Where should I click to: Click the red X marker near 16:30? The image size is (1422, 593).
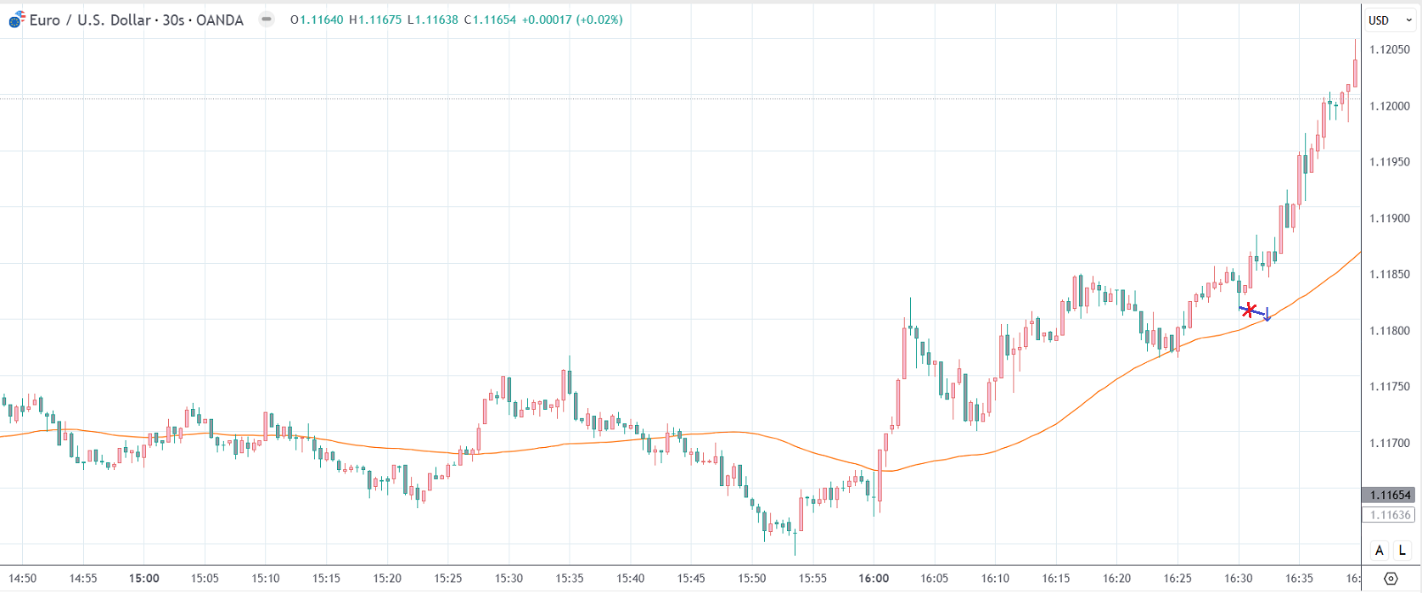pyautogui.click(x=1248, y=310)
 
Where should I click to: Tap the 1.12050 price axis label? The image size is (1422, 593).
pyautogui.click(x=1390, y=50)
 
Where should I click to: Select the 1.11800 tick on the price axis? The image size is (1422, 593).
pyautogui.click(x=1390, y=331)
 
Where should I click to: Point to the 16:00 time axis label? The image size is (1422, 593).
pyautogui.click(x=874, y=579)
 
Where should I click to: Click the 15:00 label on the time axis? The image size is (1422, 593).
pyautogui.click(x=144, y=579)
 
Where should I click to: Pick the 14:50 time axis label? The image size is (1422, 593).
pyautogui.click(x=23, y=579)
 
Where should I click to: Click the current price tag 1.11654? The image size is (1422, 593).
pyautogui.click(x=1390, y=495)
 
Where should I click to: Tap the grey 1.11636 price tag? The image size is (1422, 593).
pyautogui.click(x=1390, y=515)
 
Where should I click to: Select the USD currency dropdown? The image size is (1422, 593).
pyautogui.click(x=1387, y=20)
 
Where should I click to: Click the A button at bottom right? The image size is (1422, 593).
pyautogui.click(x=1379, y=551)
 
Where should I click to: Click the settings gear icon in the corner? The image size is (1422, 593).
pyautogui.click(x=1391, y=579)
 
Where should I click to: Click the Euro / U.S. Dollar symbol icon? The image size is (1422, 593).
pyautogui.click(x=16, y=20)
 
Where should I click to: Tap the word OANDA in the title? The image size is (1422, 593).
pyautogui.click(x=220, y=20)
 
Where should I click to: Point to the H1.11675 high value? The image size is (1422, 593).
pyautogui.click(x=375, y=20)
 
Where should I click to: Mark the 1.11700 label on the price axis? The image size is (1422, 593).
pyautogui.click(x=1390, y=443)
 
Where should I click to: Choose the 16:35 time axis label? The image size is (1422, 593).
pyautogui.click(x=1299, y=579)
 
